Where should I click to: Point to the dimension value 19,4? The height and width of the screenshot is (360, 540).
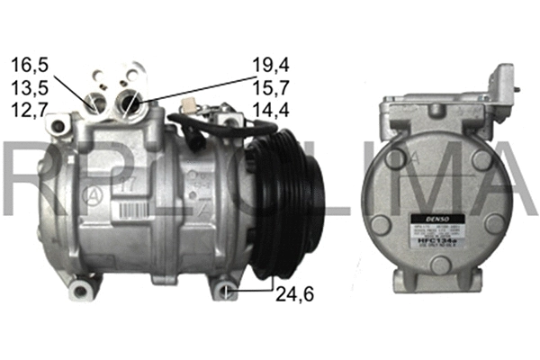[x=269, y=64]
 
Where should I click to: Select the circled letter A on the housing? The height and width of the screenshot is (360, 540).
[x=89, y=193]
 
